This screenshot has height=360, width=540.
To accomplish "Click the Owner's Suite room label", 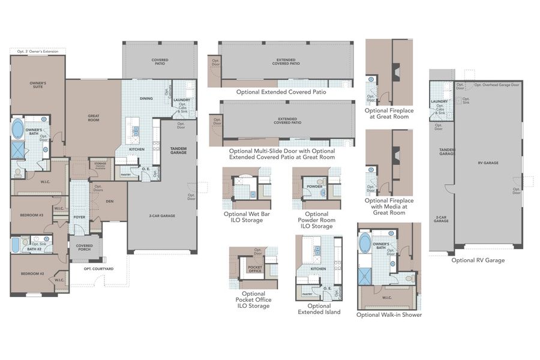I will [38, 85].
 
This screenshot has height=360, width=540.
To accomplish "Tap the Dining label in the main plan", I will [146, 98].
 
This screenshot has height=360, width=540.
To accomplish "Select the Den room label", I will [110, 202].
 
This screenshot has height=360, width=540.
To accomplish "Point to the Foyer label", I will [79, 217].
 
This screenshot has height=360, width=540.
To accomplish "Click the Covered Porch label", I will [84, 248].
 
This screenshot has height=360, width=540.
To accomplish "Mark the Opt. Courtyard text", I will [98, 269].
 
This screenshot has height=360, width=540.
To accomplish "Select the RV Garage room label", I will [488, 163].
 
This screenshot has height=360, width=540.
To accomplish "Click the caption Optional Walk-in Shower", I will [389, 314].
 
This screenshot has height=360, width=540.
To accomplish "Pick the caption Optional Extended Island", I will [319, 309].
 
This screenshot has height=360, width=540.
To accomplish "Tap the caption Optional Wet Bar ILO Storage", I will [243, 217].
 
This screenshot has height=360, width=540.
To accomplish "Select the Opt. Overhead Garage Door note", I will [497, 85].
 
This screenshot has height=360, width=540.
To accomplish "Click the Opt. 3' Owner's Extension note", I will [38, 52].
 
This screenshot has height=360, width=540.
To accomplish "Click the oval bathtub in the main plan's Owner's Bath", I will [17, 129].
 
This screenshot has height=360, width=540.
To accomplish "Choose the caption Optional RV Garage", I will [478, 260].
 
